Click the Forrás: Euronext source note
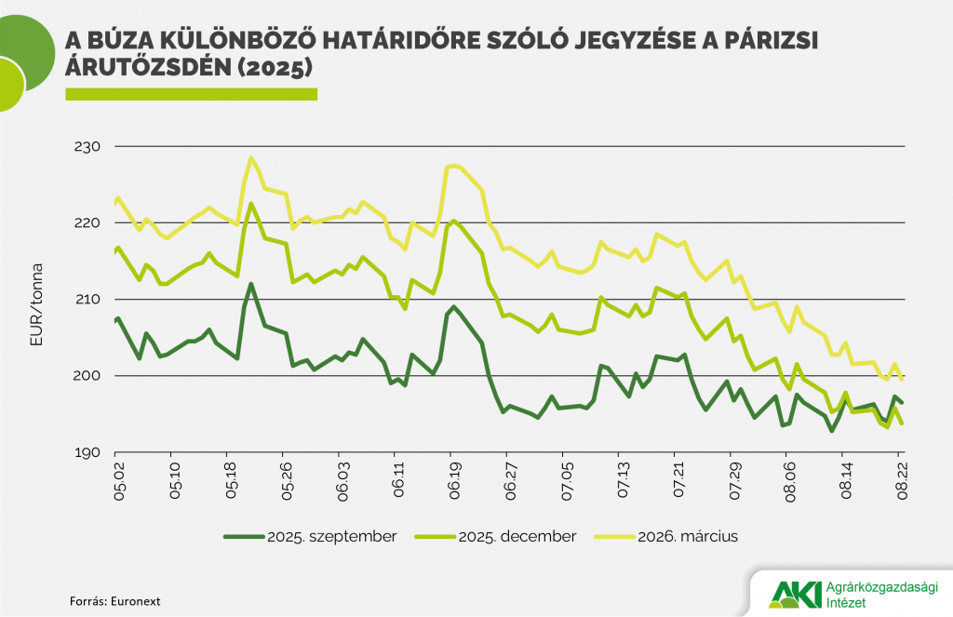click(x=108, y=601)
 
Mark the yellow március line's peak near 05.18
click(x=250, y=157)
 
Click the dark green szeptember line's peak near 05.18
click(x=251, y=284)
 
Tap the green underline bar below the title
click(x=191, y=93)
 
